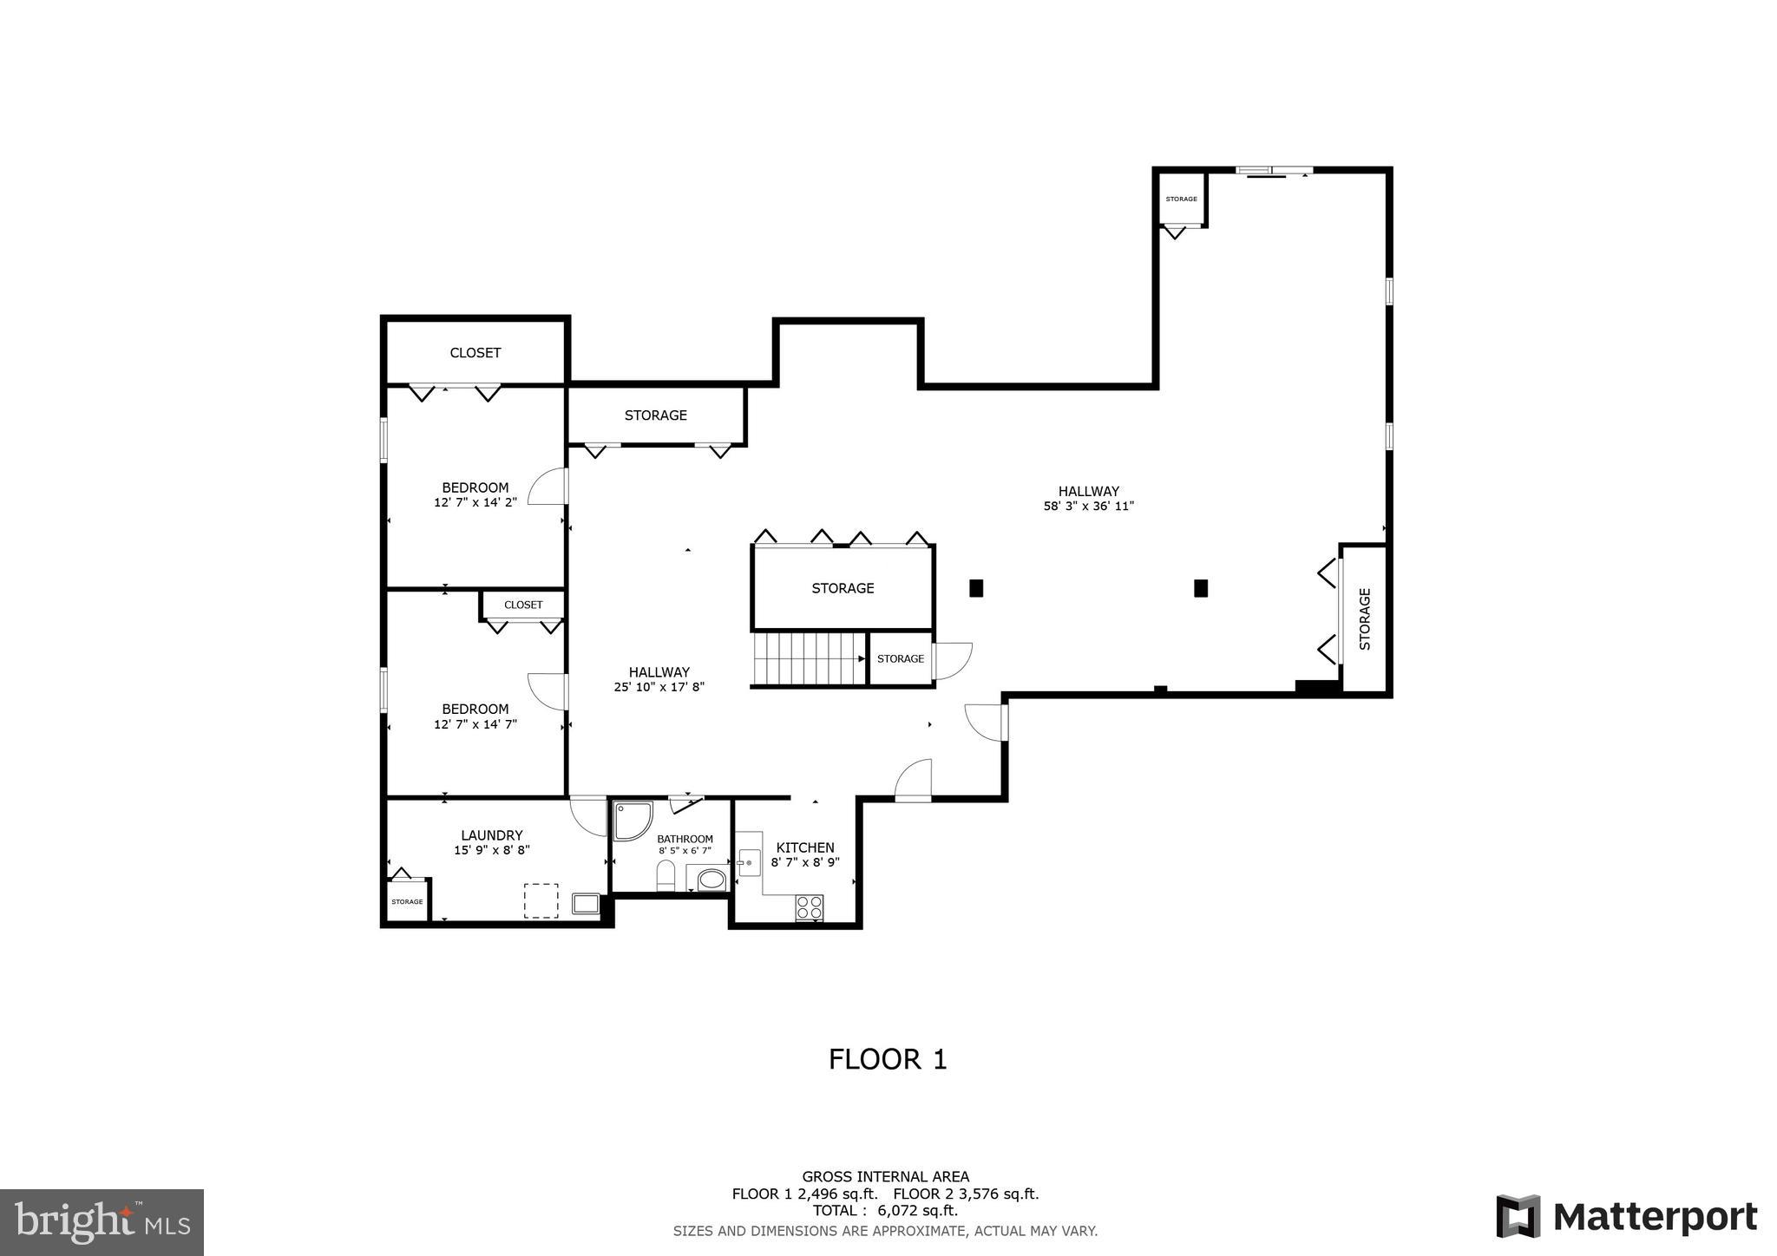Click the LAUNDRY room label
tap(491, 835)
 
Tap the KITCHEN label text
tap(804, 847)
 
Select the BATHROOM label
tap(685, 839)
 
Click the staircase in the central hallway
tap(809, 659)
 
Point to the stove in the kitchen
tap(810, 907)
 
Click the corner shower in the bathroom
tap(631, 821)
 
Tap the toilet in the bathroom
tap(666, 875)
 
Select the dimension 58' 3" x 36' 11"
tap(1088, 506)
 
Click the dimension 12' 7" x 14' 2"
tap(475, 502)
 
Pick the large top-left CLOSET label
tap(475, 352)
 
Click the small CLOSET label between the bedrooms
tap(523, 605)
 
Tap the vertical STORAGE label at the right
tap(1365, 618)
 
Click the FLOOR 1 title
tap(887, 1059)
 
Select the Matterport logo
tap(1627, 1216)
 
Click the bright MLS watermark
tap(102, 1222)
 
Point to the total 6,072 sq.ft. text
tap(885, 1210)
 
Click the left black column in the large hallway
tap(976, 587)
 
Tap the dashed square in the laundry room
tap(541, 900)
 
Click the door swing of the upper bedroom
tap(547, 487)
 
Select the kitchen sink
tap(748, 863)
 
